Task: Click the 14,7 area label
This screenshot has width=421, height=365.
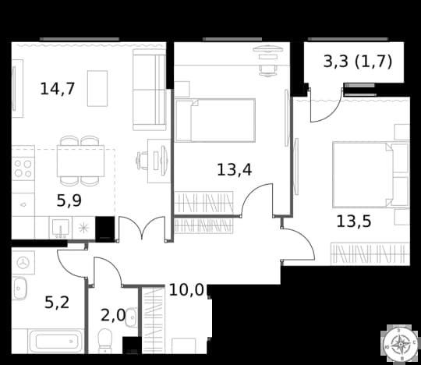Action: click(x=57, y=89)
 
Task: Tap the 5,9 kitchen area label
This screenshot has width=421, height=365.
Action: click(x=69, y=200)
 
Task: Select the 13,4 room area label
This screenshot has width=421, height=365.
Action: click(x=234, y=170)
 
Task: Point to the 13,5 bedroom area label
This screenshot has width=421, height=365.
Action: click(x=354, y=221)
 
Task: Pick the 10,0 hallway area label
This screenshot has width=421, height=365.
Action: click(x=186, y=290)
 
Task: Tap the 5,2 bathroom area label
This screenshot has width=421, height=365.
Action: click(x=57, y=302)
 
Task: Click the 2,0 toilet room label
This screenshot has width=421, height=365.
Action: click(x=113, y=315)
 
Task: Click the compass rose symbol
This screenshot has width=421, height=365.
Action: click(x=400, y=343)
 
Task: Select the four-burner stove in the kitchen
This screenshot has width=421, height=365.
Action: click(x=23, y=168)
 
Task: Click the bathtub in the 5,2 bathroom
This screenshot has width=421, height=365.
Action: click(x=56, y=341)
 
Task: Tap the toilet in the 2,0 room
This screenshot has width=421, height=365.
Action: click(x=105, y=340)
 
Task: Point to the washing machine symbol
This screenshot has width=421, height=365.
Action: click(x=23, y=262)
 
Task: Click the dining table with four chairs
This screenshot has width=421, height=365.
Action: click(x=80, y=161)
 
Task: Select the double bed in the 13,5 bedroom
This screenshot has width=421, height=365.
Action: click(x=370, y=175)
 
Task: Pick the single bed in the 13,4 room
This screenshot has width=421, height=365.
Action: click(x=215, y=120)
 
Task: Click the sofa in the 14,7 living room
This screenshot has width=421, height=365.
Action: click(x=149, y=90)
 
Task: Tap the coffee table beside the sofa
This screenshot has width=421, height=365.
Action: click(x=97, y=88)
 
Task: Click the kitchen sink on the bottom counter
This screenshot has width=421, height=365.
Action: click(x=61, y=228)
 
